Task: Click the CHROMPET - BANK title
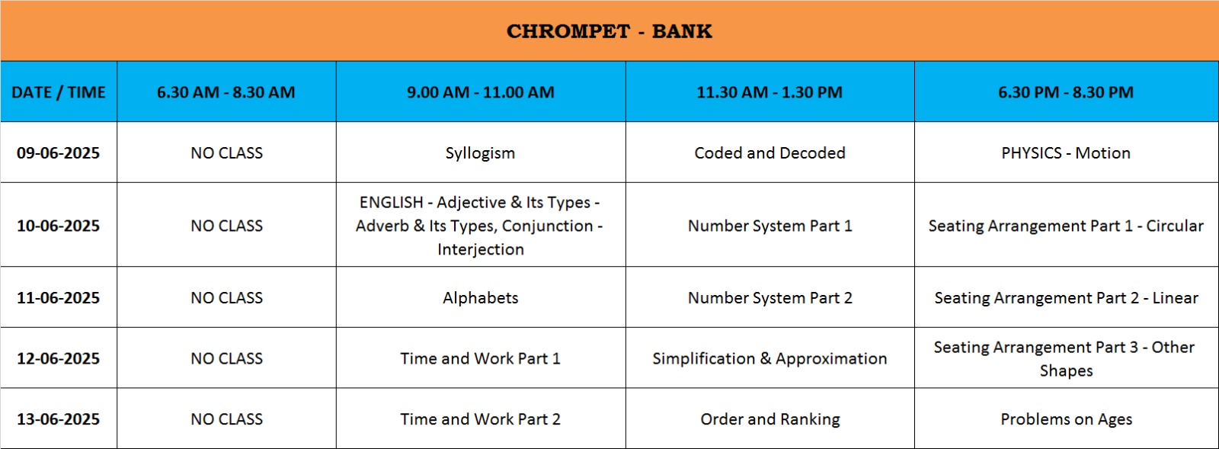point(609,31)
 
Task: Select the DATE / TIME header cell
point(58,92)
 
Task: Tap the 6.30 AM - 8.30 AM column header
point(226,92)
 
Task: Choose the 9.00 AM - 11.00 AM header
point(481,92)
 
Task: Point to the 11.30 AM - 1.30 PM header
point(769,92)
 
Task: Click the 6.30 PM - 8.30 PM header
point(1066,92)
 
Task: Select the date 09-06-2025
point(58,153)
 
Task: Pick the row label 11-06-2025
point(58,298)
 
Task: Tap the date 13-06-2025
point(58,419)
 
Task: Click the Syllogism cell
point(480,153)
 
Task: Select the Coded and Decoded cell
point(769,153)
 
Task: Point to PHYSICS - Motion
point(1066,153)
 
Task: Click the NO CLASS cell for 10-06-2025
point(226,226)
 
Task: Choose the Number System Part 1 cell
point(769,226)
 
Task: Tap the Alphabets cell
point(480,298)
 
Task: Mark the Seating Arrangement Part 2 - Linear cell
point(1066,298)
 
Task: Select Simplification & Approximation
point(769,358)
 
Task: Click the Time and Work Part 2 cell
point(480,419)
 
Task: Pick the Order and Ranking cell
point(769,419)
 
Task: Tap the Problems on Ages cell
point(1066,419)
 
